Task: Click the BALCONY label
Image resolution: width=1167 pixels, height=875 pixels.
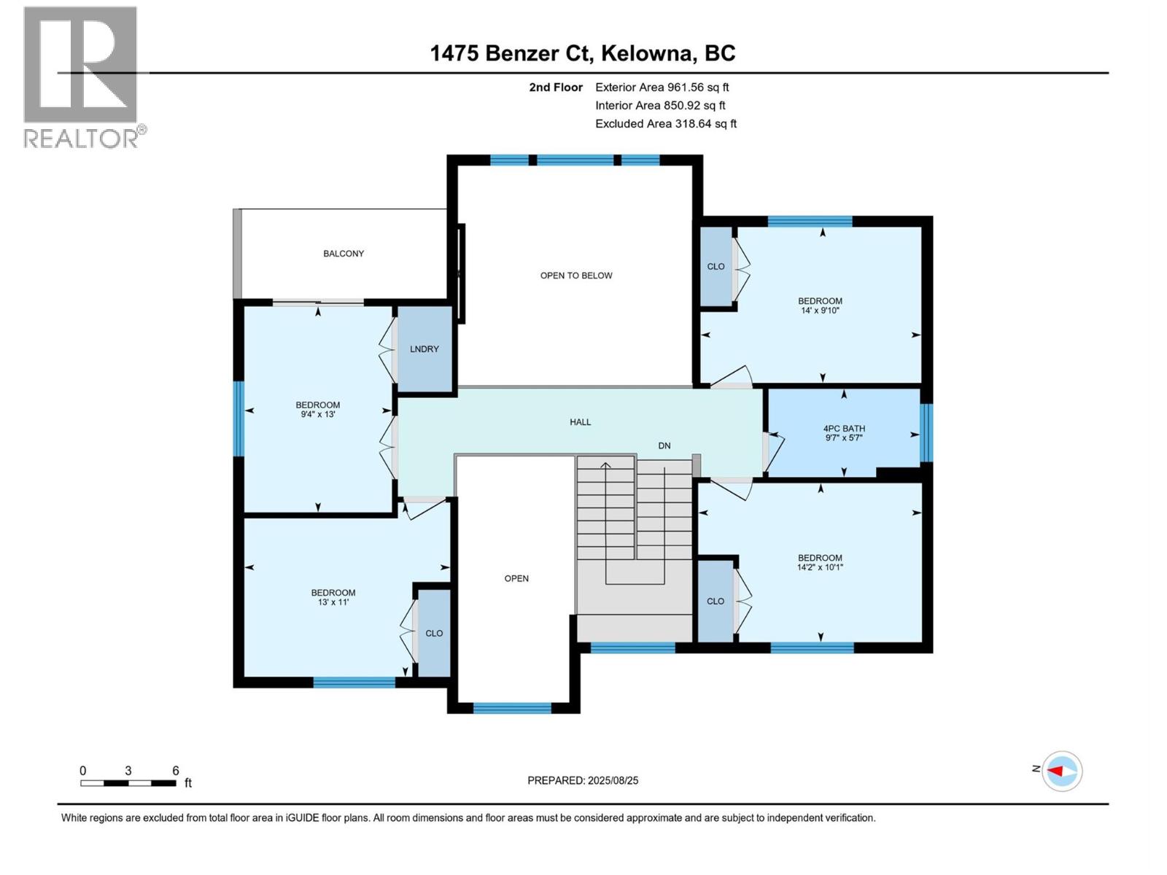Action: pyautogui.click(x=344, y=254)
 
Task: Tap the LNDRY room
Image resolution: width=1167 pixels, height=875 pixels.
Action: pyautogui.click(x=424, y=349)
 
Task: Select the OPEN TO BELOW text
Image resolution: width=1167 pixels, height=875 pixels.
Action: pyautogui.click(x=576, y=276)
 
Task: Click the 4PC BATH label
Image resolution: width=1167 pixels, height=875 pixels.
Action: pyautogui.click(x=844, y=429)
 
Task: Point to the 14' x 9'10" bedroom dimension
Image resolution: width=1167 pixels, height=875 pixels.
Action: pyautogui.click(x=821, y=311)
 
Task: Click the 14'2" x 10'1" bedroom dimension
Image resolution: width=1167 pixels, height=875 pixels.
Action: pyautogui.click(x=820, y=567)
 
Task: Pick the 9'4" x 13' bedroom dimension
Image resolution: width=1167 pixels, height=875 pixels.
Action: pyautogui.click(x=318, y=414)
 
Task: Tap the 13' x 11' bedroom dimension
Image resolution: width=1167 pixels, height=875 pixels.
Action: pyautogui.click(x=333, y=602)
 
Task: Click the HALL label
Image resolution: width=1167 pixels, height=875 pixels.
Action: pyautogui.click(x=581, y=422)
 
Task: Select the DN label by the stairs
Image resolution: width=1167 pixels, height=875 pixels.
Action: pyautogui.click(x=664, y=446)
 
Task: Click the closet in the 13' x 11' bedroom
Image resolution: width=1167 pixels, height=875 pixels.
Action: pyautogui.click(x=434, y=633)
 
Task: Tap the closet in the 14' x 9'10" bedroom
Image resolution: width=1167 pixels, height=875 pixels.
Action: pyautogui.click(x=716, y=267)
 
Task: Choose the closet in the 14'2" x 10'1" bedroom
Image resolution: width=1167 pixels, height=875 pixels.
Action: pyautogui.click(x=716, y=601)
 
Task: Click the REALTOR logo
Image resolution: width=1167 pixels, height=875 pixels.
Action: pyautogui.click(x=82, y=77)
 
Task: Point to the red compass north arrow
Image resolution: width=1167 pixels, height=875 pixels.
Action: pyautogui.click(x=1056, y=771)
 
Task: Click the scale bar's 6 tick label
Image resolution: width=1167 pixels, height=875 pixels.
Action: pyautogui.click(x=176, y=771)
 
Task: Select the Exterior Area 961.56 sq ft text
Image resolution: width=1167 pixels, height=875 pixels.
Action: pyautogui.click(x=662, y=87)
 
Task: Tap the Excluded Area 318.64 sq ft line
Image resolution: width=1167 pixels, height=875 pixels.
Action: pyautogui.click(x=666, y=124)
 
